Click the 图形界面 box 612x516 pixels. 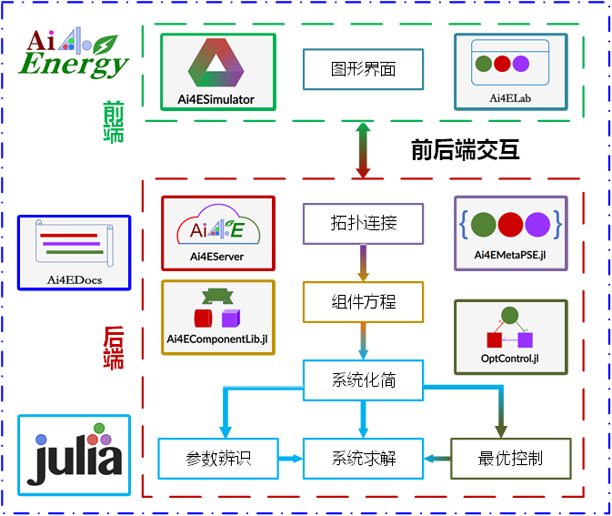(363, 69)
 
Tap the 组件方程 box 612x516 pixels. (363, 301)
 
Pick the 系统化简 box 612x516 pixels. (363, 380)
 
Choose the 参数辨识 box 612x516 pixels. (217, 459)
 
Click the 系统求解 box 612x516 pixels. (363, 459)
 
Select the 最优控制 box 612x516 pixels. (510, 459)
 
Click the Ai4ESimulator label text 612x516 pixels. (216, 99)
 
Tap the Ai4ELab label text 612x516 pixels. (510, 98)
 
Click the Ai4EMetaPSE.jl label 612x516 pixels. (510, 256)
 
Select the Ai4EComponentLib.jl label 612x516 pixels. (216, 339)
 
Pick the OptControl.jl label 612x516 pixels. (510, 358)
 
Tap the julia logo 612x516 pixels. (74, 455)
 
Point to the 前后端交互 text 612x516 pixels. (465, 150)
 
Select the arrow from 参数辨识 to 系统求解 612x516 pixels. (290, 459)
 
